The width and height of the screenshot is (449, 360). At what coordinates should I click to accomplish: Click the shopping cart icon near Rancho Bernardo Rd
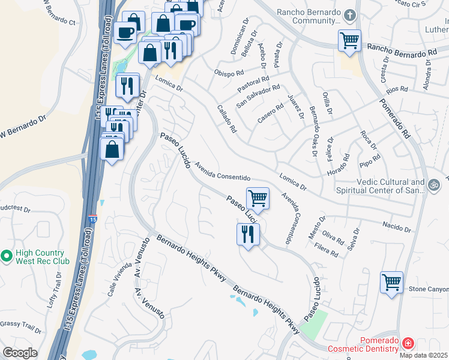[349, 41]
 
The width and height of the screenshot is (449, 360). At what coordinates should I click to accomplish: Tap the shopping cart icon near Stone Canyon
[392, 281]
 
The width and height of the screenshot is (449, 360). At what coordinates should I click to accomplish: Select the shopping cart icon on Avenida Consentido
[258, 198]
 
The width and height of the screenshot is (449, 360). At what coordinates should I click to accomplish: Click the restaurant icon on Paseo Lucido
[248, 234]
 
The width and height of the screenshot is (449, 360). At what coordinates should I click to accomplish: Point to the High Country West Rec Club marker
[7, 257]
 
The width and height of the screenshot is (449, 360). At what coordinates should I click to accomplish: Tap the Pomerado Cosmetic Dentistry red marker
[408, 344]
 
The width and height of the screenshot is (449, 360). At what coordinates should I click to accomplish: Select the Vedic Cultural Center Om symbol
[435, 184]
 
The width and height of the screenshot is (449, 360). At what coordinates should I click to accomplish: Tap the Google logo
[20, 353]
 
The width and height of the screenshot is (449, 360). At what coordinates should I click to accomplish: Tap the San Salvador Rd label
[258, 95]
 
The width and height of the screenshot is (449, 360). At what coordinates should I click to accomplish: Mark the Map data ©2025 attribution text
[423, 355]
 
